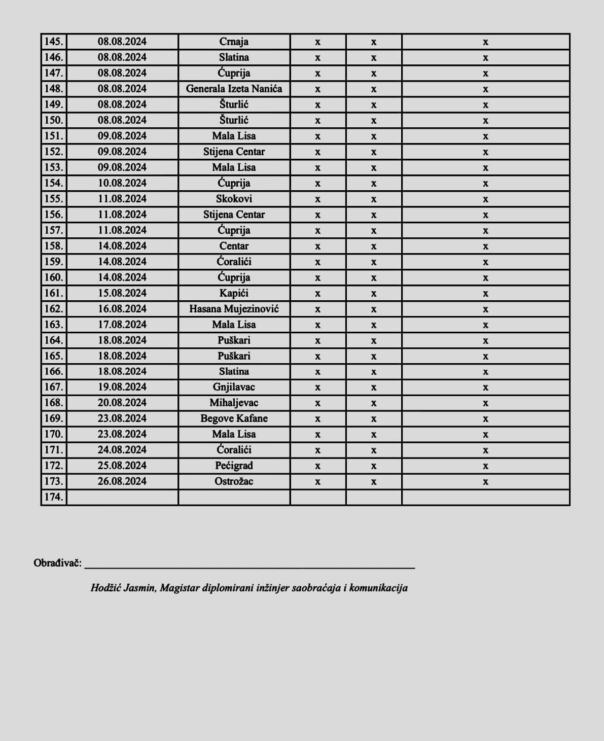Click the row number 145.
[53, 42]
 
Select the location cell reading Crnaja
[234, 42]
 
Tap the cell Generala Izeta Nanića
[234, 89]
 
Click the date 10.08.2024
[122, 183]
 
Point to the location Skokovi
[234, 199]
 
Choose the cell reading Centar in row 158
[234, 246]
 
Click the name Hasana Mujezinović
[234, 309]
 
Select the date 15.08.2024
[122, 293]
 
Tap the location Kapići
[234, 293]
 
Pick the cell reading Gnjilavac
[234, 387]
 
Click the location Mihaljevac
[234, 403]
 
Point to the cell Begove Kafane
[234, 419]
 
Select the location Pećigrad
[234, 466]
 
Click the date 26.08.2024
[122, 481]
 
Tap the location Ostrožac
[234, 481]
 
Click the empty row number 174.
[53, 497]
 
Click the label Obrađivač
[57, 563]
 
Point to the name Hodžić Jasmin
[123, 588]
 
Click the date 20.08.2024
[122, 403]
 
